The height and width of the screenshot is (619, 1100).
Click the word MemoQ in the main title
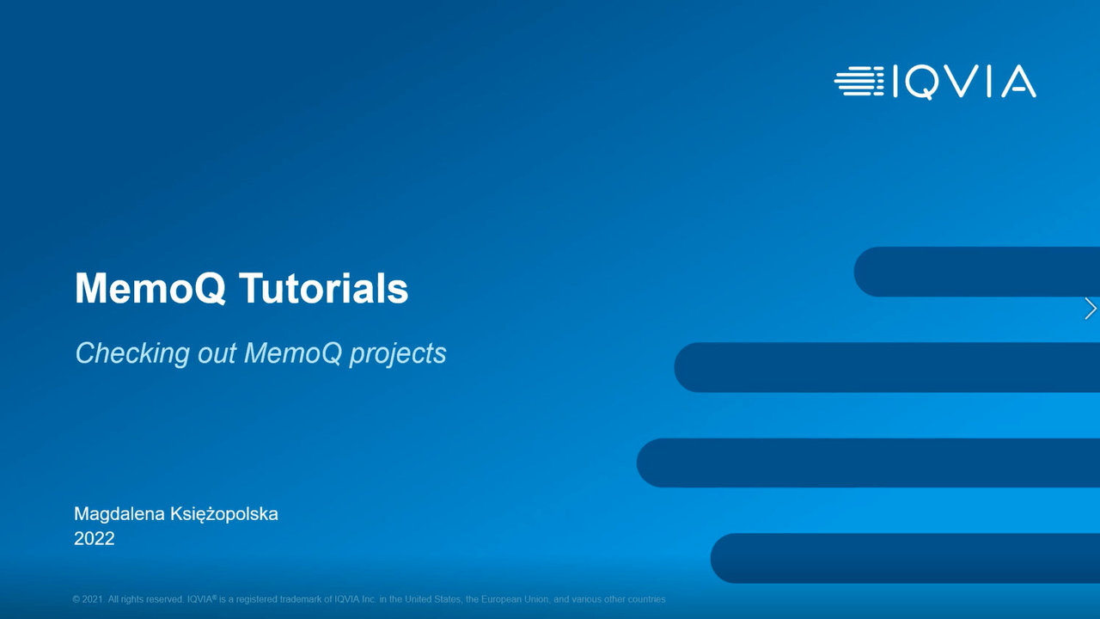coord(150,288)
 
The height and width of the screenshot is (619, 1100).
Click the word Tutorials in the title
coord(324,288)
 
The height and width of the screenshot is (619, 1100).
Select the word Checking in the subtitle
coord(132,352)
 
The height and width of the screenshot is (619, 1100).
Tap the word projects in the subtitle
coord(398,354)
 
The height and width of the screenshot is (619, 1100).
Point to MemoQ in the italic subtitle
coord(293,353)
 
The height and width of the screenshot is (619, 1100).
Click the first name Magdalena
coord(119,514)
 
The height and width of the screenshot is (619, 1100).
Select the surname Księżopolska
coord(224,515)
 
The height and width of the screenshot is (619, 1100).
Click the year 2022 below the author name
coord(95,538)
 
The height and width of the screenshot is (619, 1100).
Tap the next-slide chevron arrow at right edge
coord(1091,309)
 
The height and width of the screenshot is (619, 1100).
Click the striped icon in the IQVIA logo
coord(859,81)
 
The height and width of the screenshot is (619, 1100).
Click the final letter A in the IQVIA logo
coord(1018,81)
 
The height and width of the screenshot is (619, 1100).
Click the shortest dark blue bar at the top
coord(977,272)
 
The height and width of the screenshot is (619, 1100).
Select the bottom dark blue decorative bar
coord(905,558)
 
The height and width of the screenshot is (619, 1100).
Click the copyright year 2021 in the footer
coord(92,599)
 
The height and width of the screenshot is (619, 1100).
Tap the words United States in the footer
coord(432,599)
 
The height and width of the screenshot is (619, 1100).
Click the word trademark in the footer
coord(301,599)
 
